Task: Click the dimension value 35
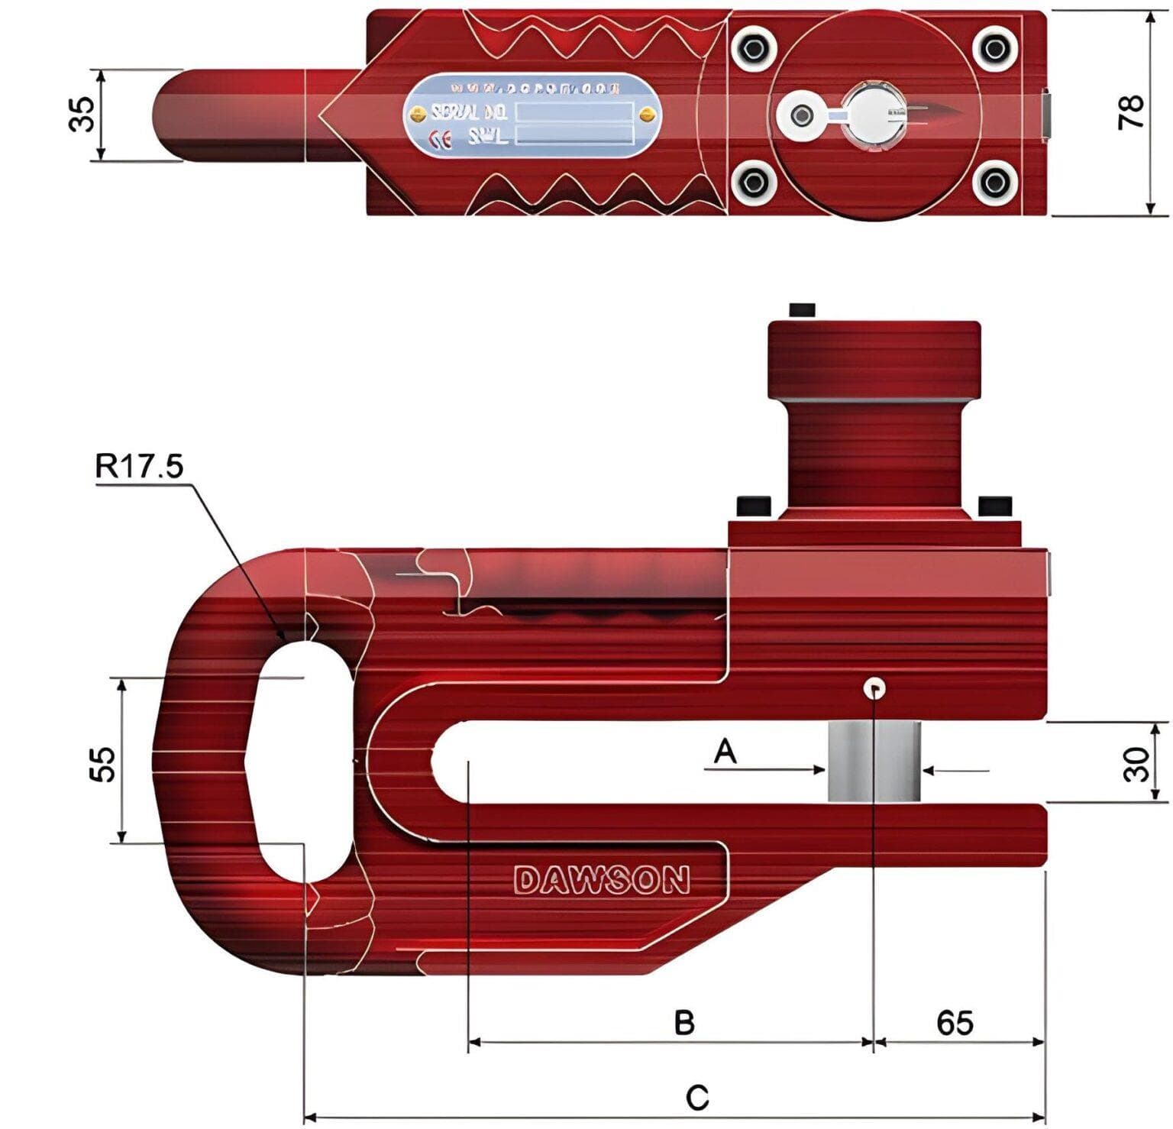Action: (x=82, y=115)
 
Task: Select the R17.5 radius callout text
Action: (x=139, y=465)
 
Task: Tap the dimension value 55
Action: (x=103, y=763)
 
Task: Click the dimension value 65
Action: (x=955, y=1022)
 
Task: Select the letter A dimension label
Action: (x=725, y=752)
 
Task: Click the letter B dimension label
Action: (x=684, y=1022)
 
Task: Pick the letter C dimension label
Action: (x=696, y=1098)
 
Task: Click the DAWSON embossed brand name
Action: (x=602, y=881)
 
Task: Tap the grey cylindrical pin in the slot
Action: (x=873, y=762)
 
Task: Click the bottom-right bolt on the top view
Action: (x=994, y=182)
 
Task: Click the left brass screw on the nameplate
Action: (x=417, y=115)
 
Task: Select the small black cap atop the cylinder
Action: (x=802, y=309)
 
